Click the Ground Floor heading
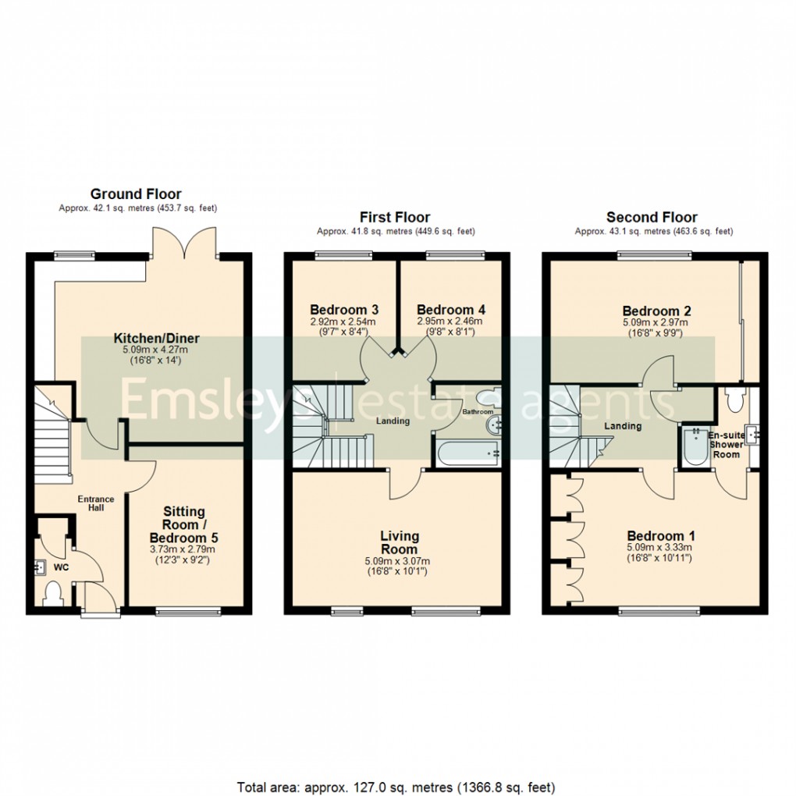[136, 194]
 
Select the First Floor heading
[395, 218]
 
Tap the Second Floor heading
[652, 218]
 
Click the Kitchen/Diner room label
[157, 339]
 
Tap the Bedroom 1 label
[662, 536]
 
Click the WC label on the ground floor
[61, 567]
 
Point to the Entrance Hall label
[95, 503]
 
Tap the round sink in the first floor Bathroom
[494, 426]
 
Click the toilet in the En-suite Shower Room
[733, 400]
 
